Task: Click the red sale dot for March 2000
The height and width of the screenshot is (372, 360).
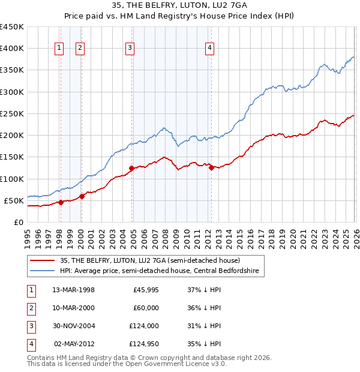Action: [x=82, y=196]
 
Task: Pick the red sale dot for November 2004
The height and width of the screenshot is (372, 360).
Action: [x=131, y=168]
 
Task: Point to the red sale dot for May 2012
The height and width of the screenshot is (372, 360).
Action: [x=211, y=168]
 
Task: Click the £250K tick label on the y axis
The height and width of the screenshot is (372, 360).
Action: [x=12, y=113]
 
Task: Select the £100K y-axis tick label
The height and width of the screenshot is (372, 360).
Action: [x=12, y=179]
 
